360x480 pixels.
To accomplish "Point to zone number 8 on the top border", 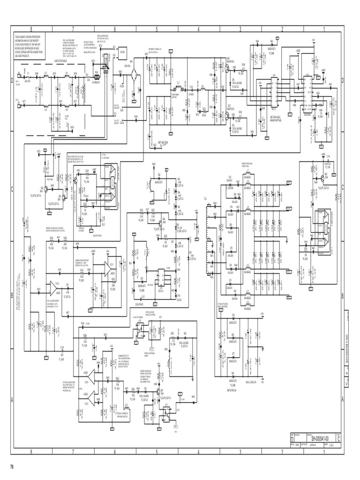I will tap(31, 29).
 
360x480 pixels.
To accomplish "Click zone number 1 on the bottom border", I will tap(324, 451).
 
